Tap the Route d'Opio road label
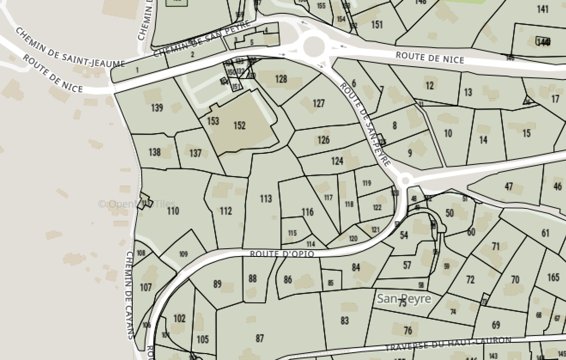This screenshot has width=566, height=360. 282,254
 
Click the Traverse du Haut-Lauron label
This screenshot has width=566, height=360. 448,344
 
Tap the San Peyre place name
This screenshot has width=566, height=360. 404,299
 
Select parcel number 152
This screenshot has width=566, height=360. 239,125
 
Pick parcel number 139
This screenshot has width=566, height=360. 157,107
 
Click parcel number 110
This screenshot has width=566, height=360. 173,211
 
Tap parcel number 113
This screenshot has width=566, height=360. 266,198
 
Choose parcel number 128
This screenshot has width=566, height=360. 281,79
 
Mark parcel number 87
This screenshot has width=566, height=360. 259,339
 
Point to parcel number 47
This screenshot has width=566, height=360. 509,186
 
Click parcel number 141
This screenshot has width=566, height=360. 543,9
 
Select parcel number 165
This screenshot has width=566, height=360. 553,277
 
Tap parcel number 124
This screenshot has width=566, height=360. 337,161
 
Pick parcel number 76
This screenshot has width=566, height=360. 408,330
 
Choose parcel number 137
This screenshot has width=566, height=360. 195,153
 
